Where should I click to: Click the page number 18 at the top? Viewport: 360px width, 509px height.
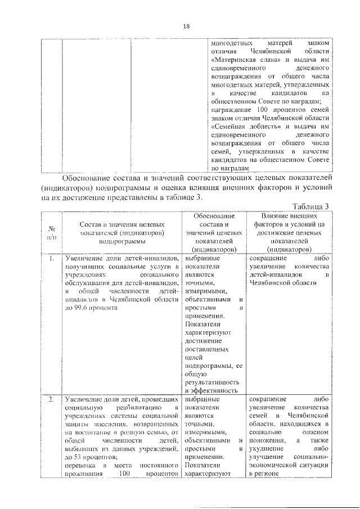tap(186, 26)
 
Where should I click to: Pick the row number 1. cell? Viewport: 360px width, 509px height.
tap(51, 259)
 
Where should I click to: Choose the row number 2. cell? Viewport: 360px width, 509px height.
tap(51, 399)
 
